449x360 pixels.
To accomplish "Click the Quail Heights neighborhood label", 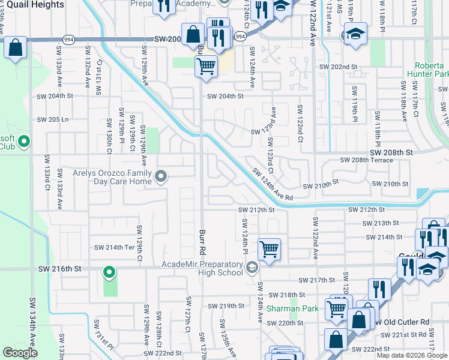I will coord(32,5).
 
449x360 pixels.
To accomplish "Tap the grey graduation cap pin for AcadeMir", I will coord(253,268).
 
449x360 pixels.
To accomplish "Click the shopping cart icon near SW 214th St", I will coord(269,248).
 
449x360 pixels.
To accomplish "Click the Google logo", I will coord(19,353).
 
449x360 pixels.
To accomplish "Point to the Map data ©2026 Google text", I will coord(412,355).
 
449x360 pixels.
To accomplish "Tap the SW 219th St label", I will coord(232,306).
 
